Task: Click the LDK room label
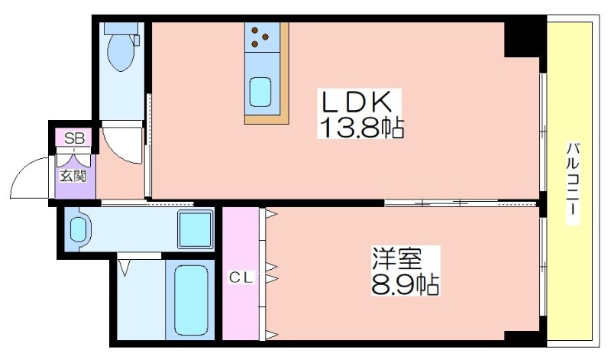pos(356,102)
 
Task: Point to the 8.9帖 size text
pos(405,286)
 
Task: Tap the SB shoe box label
pos(74,138)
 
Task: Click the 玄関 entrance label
pos(74,176)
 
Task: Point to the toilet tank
pos(121,28)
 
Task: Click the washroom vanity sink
pos(79,229)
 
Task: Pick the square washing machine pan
pos(196,229)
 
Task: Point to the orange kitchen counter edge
pos(267,119)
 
